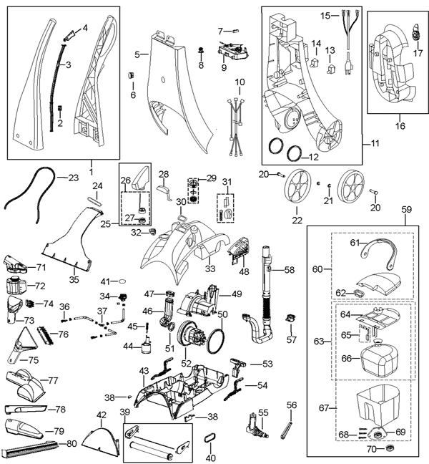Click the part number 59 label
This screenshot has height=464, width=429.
[x=407, y=210]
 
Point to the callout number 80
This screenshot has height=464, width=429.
[x=71, y=443]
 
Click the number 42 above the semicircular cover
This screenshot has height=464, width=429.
[x=101, y=415]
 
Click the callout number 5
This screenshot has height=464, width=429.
[x=137, y=53]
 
